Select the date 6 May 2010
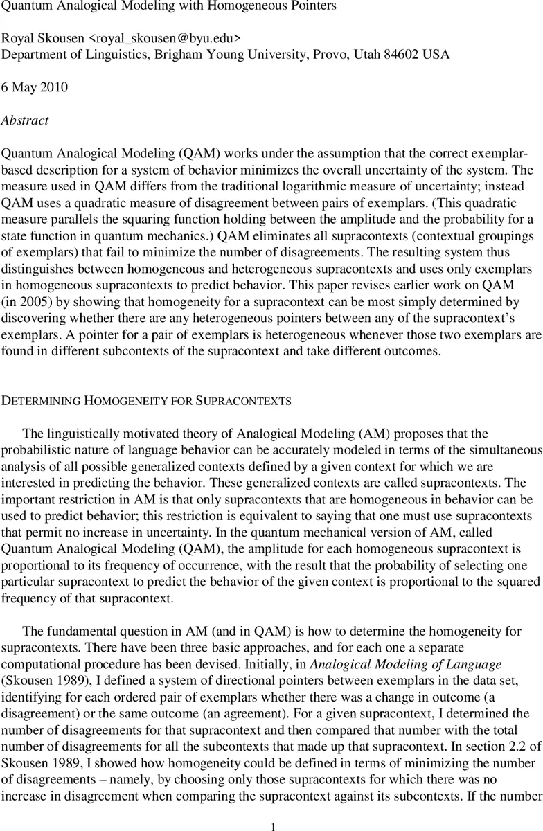pos(35,87)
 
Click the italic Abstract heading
pos(25,120)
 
